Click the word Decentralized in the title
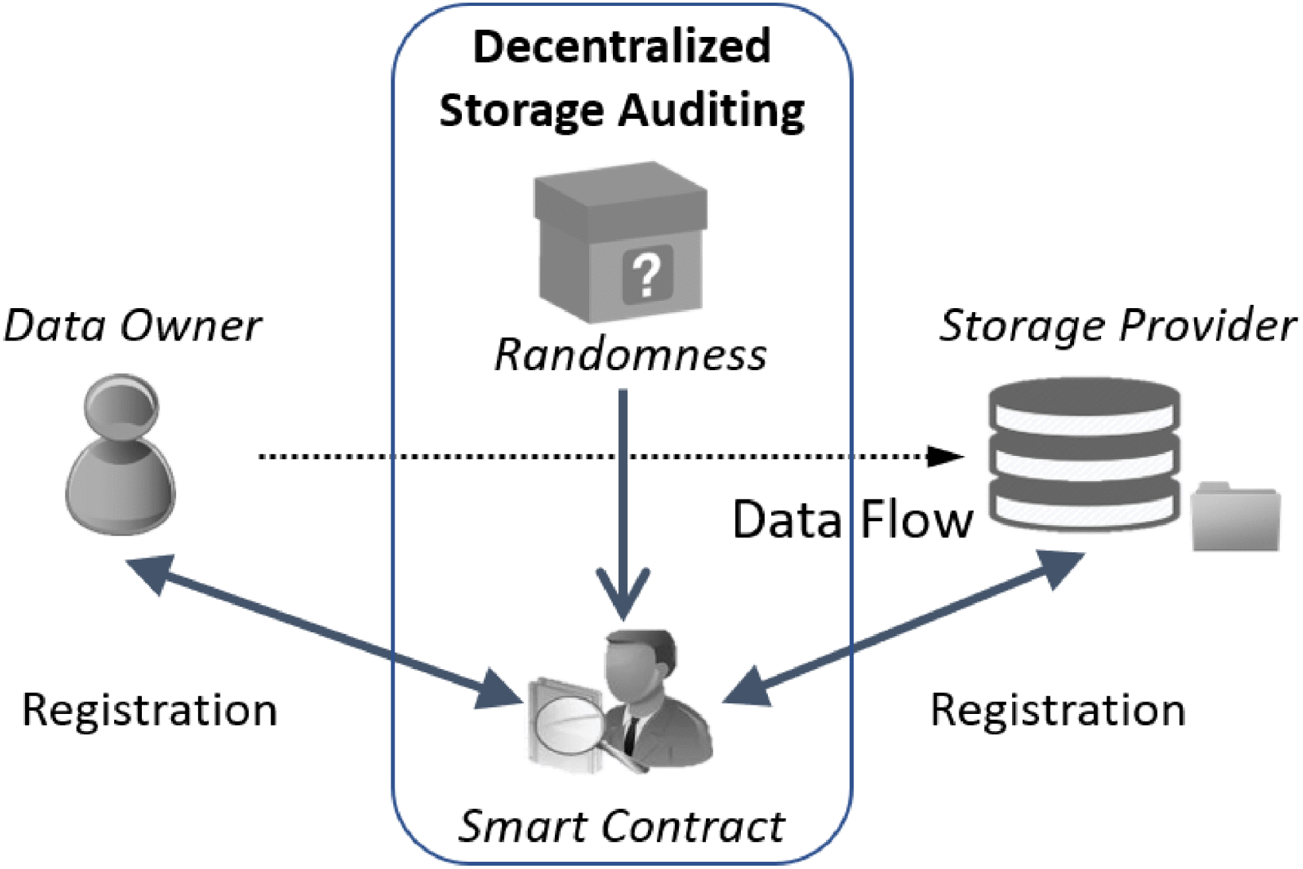[x=621, y=48]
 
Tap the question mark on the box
[x=647, y=274]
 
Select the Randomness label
[x=630, y=355]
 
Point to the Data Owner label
[x=132, y=326]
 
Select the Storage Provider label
[x=1117, y=326]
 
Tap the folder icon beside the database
[x=1235, y=518]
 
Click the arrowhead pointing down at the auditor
[x=623, y=594]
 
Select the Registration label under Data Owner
[x=150, y=711]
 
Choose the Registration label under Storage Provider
[x=1058, y=711]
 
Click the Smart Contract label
[x=621, y=826]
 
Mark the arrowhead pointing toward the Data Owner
[x=152, y=571]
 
